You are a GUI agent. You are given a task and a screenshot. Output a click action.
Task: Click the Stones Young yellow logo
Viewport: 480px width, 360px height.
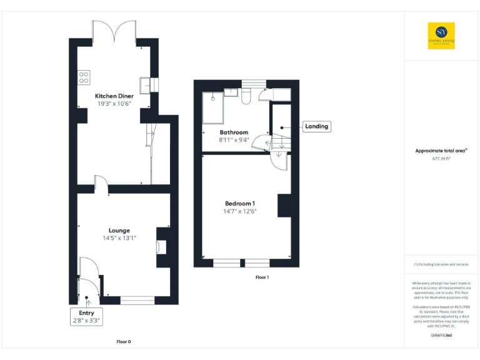point(441,36)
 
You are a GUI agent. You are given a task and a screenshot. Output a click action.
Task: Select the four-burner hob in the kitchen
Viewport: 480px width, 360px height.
point(82,77)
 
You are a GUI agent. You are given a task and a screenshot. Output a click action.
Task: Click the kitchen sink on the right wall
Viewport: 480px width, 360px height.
point(146,84)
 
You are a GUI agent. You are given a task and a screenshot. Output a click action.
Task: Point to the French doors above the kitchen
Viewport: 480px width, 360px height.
point(114,30)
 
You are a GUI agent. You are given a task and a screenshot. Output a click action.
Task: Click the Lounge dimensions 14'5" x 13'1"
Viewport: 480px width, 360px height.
point(119,238)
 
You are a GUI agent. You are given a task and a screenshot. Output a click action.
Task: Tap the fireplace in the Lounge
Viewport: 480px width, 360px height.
point(159,247)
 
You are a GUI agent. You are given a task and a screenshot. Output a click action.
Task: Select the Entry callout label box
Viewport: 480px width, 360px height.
point(86,316)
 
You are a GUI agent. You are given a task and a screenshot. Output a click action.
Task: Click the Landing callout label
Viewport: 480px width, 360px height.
point(316,126)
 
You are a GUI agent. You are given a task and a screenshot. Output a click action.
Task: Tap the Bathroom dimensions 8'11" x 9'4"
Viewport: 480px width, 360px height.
point(234,140)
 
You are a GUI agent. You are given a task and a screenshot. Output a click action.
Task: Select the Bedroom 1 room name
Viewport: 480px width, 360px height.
point(240,203)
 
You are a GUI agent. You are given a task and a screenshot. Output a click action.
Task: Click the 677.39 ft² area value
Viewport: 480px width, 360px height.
point(441,159)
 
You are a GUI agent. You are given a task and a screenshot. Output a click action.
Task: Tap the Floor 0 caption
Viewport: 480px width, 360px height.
point(124,342)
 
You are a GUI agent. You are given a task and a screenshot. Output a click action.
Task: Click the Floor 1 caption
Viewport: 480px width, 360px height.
point(262,277)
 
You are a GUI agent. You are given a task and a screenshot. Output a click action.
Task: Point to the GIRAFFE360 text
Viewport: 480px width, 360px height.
point(441,336)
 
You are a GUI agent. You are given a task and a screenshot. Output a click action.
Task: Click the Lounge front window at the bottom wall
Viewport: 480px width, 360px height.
point(137,300)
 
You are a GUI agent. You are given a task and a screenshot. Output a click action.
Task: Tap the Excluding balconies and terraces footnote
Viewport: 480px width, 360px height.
point(441,264)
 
